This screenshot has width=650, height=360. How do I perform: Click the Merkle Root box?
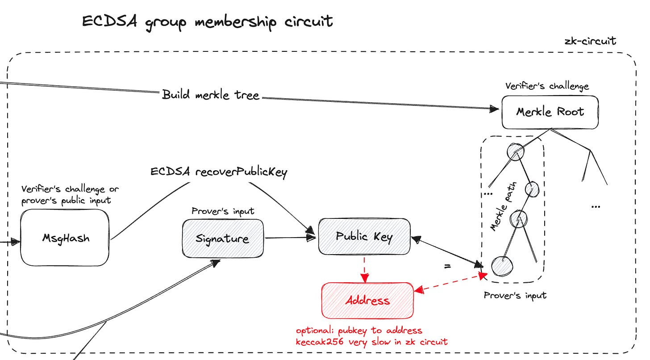pyautogui.click(x=550, y=113)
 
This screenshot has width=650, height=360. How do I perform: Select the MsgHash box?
pyautogui.click(x=65, y=238)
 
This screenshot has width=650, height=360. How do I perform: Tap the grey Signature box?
pyautogui.click(x=223, y=239)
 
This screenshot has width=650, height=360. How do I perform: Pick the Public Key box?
pyautogui.click(x=364, y=237)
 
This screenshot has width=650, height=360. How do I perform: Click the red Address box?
pyautogui.click(x=367, y=301)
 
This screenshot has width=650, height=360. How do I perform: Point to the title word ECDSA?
pyautogui.click(x=109, y=21)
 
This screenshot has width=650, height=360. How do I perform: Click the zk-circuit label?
pyautogui.click(x=590, y=41)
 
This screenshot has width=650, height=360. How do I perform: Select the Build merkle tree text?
pyautogui.click(x=210, y=95)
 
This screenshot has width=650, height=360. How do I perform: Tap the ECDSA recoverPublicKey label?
pyautogui.click(x=219, y=172)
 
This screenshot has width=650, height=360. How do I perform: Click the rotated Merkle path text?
pyautogui.click(x=503, y=206)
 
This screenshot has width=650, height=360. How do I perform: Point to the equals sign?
pyautogui.click(x=447, y=266)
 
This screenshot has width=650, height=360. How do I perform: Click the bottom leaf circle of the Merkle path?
pyautogui.click(x=502, y=266)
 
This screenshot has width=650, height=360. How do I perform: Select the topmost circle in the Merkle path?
pyautogui.click(x=516, y=151)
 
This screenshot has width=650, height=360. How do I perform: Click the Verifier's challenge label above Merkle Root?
pyautogui.click(x=547, y=86)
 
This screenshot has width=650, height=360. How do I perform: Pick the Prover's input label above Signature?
pyautogui.click(x=223, y=211)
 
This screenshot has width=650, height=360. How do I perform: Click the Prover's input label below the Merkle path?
pyautogui.click(x=515, y=296)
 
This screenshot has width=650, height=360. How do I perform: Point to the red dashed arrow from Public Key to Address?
pyautogui.click(x=364, y=270)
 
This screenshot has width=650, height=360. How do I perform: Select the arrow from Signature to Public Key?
pyautogui.click(x=291, y=238)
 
